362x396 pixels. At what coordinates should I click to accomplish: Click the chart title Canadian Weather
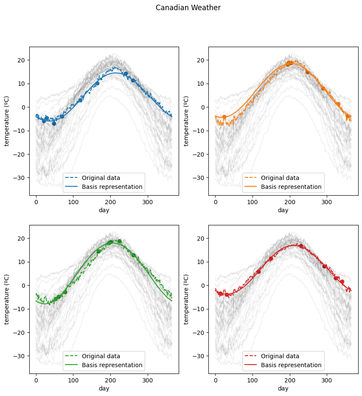[188, 8]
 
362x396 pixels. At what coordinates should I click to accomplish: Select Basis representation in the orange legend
[291, 187]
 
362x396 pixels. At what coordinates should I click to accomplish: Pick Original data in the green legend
[101, 356]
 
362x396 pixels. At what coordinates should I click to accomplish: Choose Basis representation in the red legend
[291, 365]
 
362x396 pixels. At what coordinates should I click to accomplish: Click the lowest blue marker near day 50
[54, 124]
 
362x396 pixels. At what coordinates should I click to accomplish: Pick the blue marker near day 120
[80, 100]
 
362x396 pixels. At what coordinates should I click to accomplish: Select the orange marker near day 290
[323, 88]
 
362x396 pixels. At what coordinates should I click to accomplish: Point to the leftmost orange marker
[224, 117]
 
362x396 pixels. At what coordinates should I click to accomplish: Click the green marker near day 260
[133, 255]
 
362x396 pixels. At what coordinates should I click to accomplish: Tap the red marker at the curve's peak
[301, 246]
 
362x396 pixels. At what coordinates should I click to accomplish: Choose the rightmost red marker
[342, 281]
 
